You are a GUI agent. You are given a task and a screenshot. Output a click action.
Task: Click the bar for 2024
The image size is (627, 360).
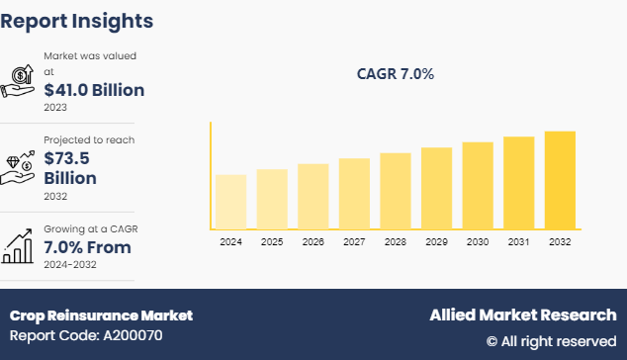tap(230, 202)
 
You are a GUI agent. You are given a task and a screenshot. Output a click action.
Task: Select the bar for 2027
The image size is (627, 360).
tap(354, 194)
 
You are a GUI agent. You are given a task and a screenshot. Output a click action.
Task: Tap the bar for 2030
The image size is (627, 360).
tap(478, 186)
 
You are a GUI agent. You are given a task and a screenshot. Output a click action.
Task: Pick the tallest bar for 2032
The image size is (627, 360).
tap(560, 180)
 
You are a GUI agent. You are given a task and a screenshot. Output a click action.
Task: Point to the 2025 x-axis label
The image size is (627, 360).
tap(272, 241)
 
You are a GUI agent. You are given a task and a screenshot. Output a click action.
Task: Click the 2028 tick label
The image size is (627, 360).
tap(396, 241)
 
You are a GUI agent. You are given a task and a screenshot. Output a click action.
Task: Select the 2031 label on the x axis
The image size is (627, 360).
tap(518, 241)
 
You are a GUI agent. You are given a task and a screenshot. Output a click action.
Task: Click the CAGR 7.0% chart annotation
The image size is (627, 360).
tap(395, 74)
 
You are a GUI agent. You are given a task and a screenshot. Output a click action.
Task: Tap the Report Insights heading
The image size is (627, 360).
tap(76, 20)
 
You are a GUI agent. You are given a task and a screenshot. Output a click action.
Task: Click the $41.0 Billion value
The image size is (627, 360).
tap(101, 89)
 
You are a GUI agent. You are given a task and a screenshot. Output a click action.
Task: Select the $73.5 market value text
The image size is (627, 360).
tap(71, 158)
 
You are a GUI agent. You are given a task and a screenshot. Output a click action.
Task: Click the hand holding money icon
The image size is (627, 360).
tap(20, 81)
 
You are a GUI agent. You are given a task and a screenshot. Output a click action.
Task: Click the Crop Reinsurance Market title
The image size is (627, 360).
tap(101, 315)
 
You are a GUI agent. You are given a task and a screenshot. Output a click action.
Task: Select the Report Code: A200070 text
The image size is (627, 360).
tap(87, 335)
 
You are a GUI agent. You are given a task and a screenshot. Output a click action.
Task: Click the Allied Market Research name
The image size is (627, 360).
tap(522, 315)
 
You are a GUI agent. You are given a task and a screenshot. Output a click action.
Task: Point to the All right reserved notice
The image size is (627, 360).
tap(551, 340)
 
